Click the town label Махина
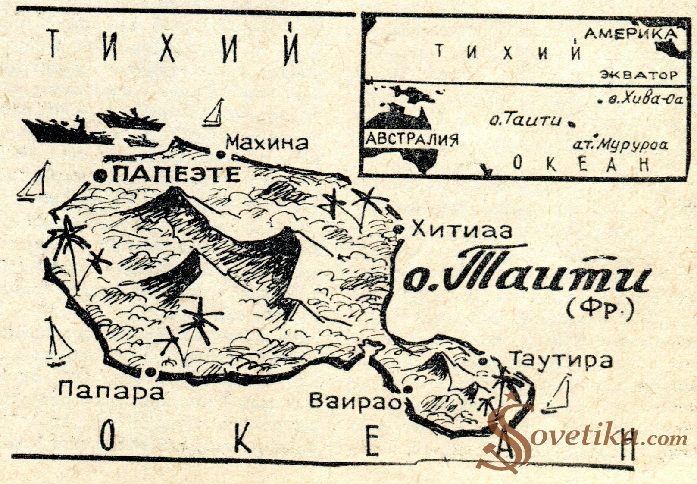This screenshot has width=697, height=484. (267, 142)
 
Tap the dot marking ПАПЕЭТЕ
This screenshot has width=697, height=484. (101, 175)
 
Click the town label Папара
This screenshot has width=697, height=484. (111, 391)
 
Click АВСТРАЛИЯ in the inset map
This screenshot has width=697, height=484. (411, 140)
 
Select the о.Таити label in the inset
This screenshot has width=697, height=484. (525, 119)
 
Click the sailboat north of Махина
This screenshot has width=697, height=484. (215, 113)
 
